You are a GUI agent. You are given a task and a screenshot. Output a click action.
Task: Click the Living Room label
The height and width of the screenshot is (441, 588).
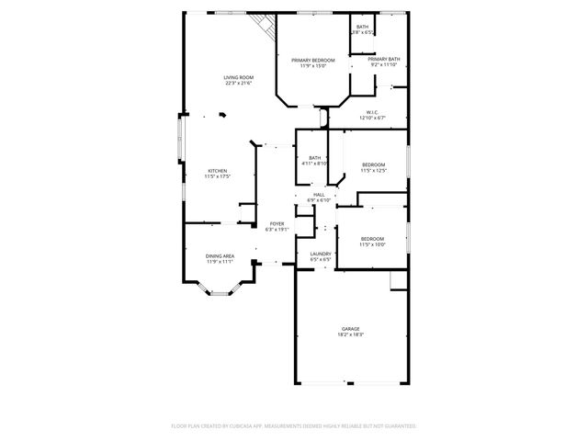coord(238,77)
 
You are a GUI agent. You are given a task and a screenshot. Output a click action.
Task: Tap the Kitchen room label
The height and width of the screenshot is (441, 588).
coord(217,171)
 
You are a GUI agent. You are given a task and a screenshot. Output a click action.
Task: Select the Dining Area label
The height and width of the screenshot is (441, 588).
coord(219,255)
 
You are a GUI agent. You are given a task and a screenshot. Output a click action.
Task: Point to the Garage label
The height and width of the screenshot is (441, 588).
coord(350,328)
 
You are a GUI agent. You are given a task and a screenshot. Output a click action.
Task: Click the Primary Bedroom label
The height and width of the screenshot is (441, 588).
coord(313,60)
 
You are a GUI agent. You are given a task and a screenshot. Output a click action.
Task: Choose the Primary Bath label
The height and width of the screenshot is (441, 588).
coord(384,59)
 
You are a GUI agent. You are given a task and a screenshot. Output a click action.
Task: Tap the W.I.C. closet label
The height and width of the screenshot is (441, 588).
coord(372,113)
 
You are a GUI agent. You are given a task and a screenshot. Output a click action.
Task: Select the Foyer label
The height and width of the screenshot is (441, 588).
coord(277,223)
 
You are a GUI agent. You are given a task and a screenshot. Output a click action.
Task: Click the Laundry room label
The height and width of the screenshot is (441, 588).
coord(321,254)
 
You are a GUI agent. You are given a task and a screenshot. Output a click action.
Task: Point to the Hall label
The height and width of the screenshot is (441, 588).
coord(319,194)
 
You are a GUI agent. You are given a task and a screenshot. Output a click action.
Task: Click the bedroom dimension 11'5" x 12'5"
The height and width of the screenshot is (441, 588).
coord(372,170)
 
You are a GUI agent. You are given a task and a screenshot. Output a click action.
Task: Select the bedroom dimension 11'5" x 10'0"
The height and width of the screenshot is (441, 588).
coord(372,244)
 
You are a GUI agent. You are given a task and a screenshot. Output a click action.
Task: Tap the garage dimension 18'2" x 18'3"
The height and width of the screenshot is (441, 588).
coord(350,334)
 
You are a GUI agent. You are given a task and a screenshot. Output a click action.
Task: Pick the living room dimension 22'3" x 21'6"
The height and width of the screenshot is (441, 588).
coord(238,84)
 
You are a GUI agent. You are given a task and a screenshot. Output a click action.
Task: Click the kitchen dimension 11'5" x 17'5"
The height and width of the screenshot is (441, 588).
coord(217,177)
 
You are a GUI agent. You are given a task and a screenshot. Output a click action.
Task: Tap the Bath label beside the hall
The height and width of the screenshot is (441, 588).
coord(315,157)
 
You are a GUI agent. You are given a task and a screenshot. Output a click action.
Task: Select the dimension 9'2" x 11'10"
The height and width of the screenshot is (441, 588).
coord(384,64)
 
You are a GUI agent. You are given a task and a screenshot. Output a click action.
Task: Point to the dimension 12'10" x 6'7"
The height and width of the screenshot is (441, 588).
coord(372,119)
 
